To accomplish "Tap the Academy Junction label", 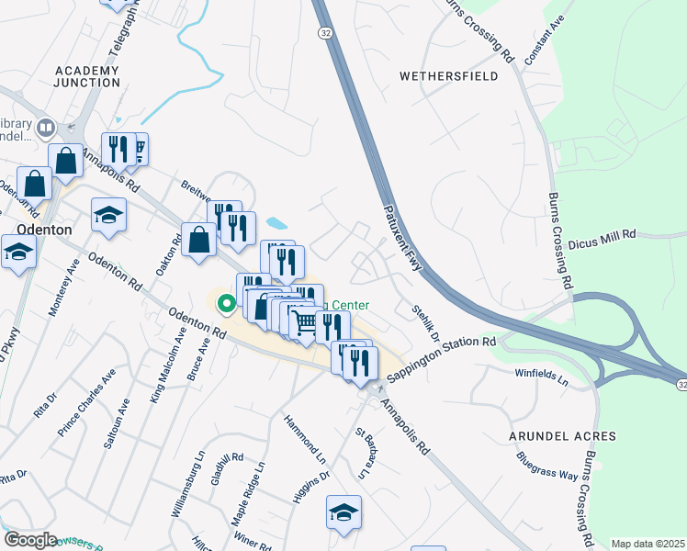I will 87,76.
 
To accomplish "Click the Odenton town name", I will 45,230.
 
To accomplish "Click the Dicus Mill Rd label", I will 603,241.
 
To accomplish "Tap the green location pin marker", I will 224,301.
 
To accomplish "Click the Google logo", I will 30,540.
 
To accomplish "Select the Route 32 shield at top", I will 325,32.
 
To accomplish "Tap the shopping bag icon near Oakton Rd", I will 199,241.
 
